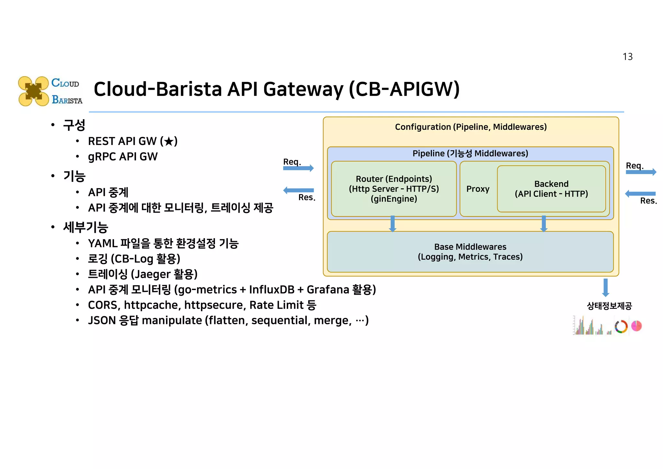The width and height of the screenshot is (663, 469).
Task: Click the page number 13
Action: [x=627, y=57]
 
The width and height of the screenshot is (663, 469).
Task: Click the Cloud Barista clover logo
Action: [x=33, y=91]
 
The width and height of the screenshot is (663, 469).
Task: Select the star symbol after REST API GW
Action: [x=169, y=141]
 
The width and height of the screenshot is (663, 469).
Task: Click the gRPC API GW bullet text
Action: [x=123, y=157]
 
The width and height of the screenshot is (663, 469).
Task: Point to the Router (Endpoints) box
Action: [x=394, y=189]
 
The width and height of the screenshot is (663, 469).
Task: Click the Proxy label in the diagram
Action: [x=478, y=189]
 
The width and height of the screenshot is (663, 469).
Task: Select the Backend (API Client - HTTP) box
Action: [x=551, y=189]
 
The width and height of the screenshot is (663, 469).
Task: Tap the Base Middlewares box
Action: [x=470, y=252]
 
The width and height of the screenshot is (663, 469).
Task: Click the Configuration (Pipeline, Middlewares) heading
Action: [x=470, y=127]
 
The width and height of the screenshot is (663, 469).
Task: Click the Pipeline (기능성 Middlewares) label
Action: [x=470, y=153]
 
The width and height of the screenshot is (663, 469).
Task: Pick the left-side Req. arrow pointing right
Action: [x=298, y=168]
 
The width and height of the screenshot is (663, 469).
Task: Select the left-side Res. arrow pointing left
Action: [x=298, y=190]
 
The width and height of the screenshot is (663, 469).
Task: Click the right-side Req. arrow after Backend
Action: [x=641, y=172]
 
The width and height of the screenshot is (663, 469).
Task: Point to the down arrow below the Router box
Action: [x=392, y=224]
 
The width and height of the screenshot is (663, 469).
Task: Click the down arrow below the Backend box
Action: [x=544, y=224]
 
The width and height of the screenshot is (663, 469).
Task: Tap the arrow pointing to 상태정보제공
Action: [x=605, y=287]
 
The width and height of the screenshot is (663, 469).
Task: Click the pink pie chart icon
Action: [x=636, y=326]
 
